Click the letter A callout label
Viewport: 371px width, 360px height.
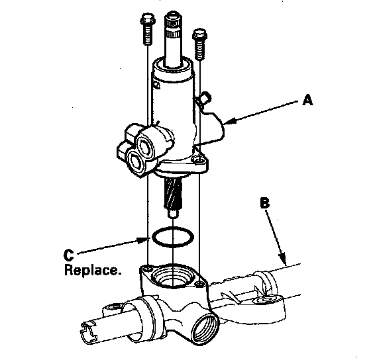tap(308, 100)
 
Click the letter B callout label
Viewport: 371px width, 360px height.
tap(264, 202)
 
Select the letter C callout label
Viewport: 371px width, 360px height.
tap(69, 255)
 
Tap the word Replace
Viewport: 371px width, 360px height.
tap(93, 270)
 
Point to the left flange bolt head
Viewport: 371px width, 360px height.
tap(148, 19)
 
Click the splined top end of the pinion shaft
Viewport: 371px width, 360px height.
tap(174, 26)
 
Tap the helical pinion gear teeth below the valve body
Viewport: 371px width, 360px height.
tap(173, 193)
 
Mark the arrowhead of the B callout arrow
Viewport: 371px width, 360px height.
tap(283, 258)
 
